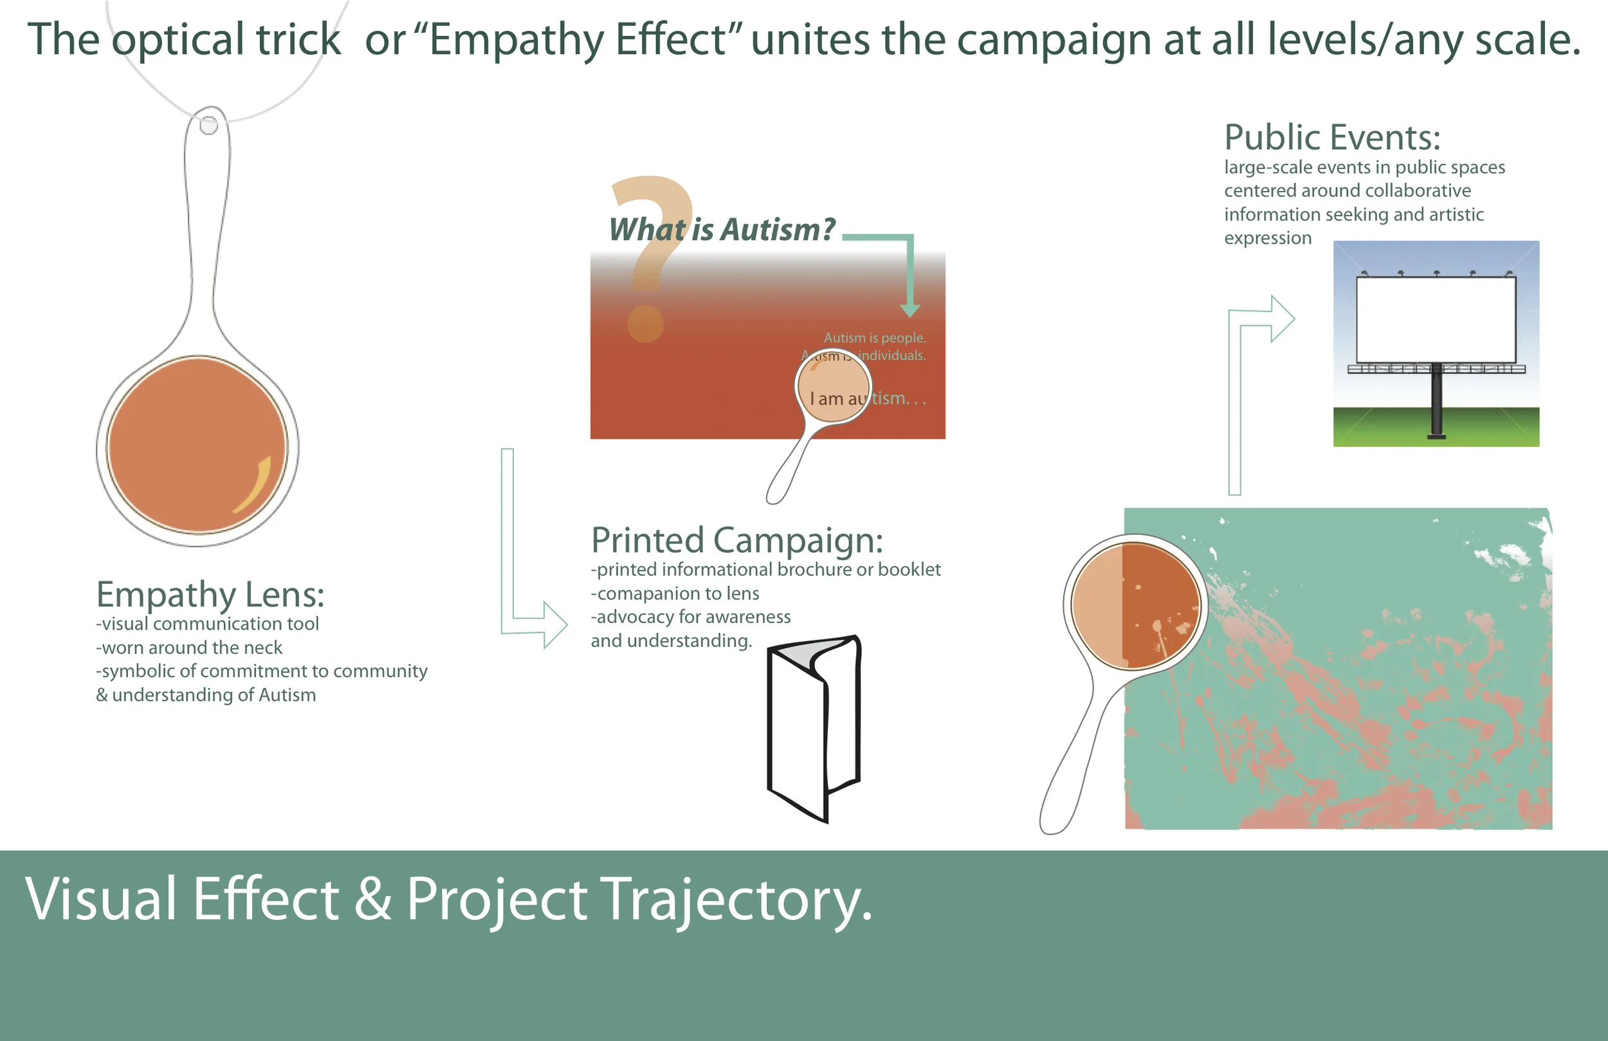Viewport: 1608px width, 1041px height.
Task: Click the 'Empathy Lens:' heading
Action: click(210, 595)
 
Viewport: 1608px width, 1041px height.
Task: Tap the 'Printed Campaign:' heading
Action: click(736, 540)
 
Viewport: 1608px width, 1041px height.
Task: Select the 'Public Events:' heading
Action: click(1331, 138)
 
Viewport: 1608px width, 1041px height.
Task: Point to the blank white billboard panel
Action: click(1436, 320)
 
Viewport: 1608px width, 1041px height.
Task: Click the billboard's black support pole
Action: click(1436, 402)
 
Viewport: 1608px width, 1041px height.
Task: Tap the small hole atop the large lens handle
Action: click(209, 125)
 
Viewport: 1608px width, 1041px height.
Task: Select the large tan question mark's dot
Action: click(645, 323)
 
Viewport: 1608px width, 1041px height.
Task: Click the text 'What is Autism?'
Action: click(722, 230)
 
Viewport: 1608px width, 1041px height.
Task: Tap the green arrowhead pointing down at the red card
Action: click(910, 310)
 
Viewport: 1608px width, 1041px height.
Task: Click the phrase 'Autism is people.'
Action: click(874, 337)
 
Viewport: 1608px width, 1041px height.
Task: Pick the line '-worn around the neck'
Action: click(189, 647)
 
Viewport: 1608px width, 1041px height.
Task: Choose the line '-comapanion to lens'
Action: click(675, 593)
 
